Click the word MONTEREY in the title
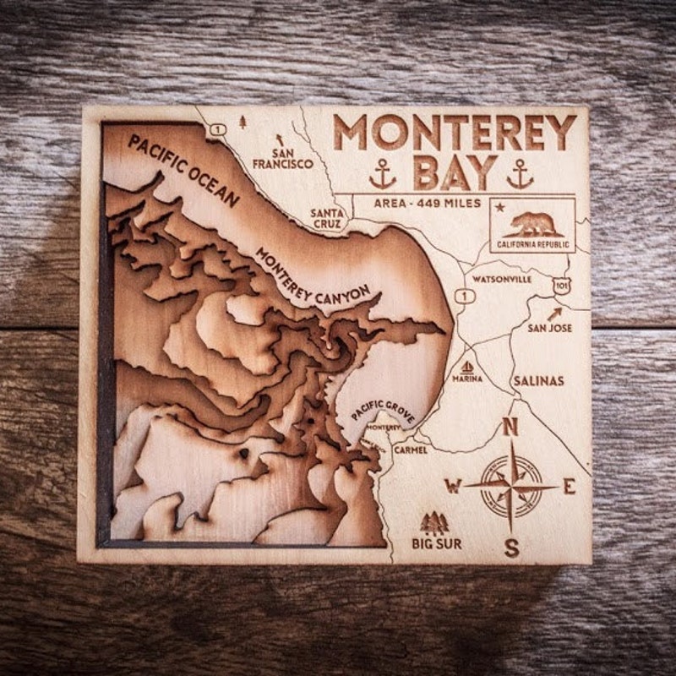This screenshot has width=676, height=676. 455,133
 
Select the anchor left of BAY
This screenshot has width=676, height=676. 383,173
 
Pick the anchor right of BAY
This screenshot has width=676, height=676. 520,173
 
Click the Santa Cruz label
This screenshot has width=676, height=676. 326,219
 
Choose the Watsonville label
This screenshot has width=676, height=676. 502,278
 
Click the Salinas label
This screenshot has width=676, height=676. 538,381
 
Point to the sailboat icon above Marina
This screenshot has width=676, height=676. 467,367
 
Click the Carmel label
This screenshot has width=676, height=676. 411,450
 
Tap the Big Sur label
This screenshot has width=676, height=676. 437,544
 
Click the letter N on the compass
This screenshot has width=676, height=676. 510,428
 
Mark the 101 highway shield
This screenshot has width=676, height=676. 561,287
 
